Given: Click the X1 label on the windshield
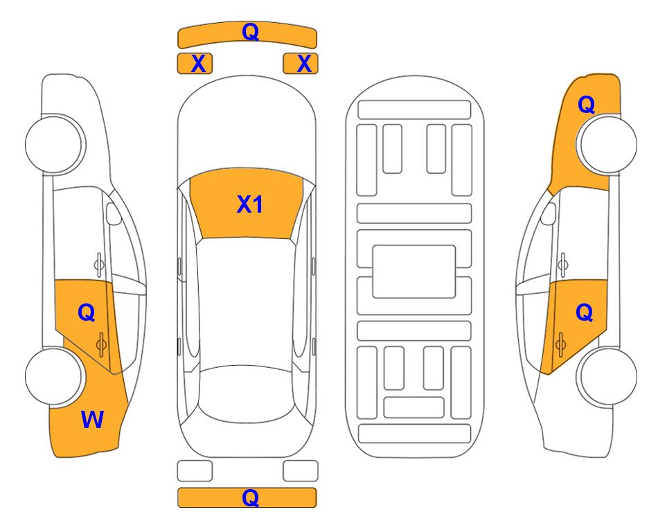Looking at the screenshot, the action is pos(250,204).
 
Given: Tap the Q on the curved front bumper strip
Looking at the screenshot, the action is pos(250,31).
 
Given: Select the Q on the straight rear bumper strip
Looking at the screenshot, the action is pos(250,497).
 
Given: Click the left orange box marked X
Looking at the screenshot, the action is pos(195,64).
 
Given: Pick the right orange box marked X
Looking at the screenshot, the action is pos(301,64).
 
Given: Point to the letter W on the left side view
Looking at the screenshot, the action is pos(92,420).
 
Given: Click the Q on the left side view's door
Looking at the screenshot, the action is pos(87,313).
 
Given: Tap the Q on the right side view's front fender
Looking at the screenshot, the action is pos(586,105).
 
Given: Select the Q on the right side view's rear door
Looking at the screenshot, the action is pos(585,313).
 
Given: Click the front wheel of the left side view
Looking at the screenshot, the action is pos(54,144).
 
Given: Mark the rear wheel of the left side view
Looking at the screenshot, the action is pos(54,376).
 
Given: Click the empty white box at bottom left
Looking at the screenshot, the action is pos(195,471).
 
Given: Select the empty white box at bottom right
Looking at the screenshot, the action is pos(301,471).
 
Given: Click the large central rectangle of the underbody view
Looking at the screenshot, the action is pos(414,272).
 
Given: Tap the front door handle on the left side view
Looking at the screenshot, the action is pos(99,264).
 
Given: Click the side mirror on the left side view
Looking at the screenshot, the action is pos(114,213).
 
